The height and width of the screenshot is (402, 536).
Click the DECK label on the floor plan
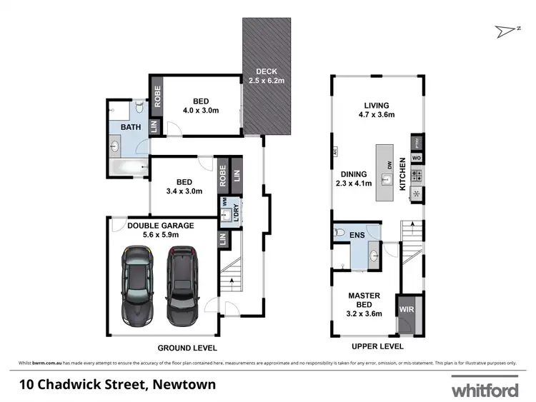click(x=267, y=71)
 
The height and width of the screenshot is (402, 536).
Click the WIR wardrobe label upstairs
click(x=406, y=310)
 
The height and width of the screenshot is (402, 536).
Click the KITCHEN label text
click(x=403, y=174)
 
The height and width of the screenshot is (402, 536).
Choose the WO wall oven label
click(x=415, y=157)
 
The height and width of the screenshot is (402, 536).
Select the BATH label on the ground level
click(x=130, y=127)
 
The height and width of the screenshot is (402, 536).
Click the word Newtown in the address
click(x=183, y=386)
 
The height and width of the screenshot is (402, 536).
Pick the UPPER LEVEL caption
click(x=377, y=346)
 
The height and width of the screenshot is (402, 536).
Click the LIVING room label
click(x=376, y=104)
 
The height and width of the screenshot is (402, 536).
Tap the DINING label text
click(x=354, y=174)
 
